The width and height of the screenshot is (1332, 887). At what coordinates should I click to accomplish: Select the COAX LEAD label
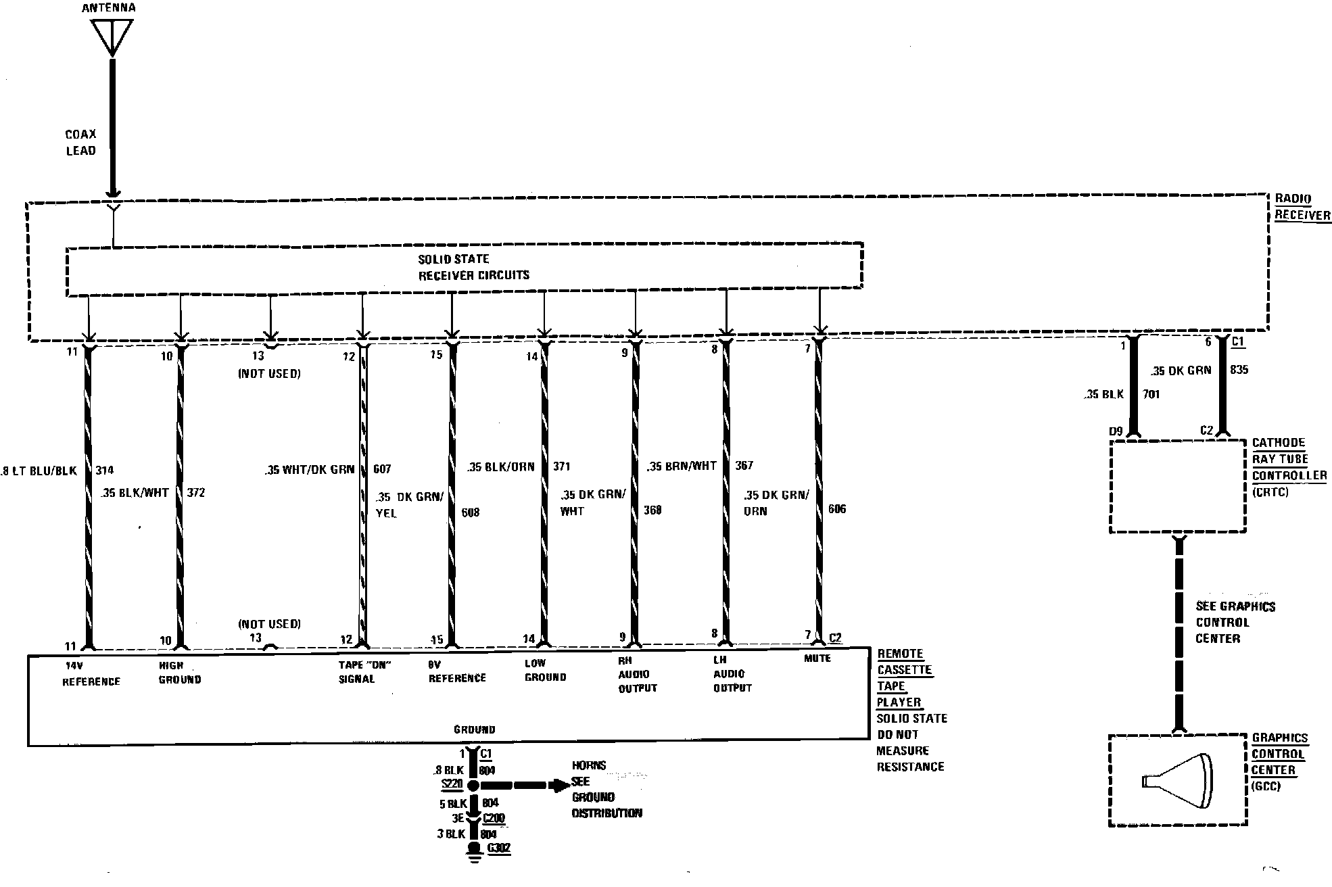click(81, 143)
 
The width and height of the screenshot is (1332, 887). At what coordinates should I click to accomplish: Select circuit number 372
click(196, 493)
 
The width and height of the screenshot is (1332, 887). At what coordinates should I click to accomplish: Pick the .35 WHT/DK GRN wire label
click(310, 470)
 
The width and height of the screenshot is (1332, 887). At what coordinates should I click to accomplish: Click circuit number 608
click(471, 512)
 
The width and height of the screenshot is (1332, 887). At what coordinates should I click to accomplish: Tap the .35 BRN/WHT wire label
click(681, 466)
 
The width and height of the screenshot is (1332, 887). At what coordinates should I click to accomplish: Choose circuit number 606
click(837, 509)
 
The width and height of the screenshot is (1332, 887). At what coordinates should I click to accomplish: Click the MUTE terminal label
click(817, 658)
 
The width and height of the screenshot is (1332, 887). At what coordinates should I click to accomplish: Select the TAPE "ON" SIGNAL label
click(364, 672)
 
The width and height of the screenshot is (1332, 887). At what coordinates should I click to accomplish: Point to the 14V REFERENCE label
click(91, 673)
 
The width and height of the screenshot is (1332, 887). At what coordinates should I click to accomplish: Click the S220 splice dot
click(473, 786)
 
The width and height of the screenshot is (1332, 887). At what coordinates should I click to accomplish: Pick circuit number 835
click(1239, 370)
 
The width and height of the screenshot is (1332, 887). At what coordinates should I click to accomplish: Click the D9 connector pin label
click(1116, 431)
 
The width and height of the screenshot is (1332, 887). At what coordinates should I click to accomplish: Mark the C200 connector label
click(494, 818)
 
